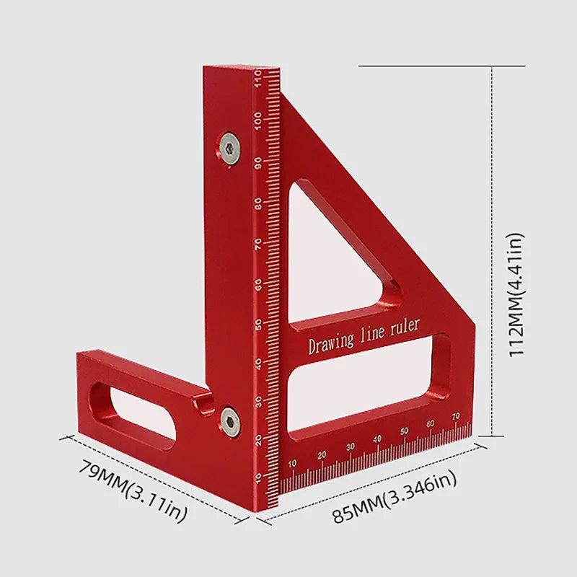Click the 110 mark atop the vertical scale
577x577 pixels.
click(258, 76)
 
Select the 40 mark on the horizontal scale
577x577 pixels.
click(376, 439)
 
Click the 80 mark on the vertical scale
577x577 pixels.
click(258, 203)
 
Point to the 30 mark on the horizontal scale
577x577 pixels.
click(350, 447)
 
